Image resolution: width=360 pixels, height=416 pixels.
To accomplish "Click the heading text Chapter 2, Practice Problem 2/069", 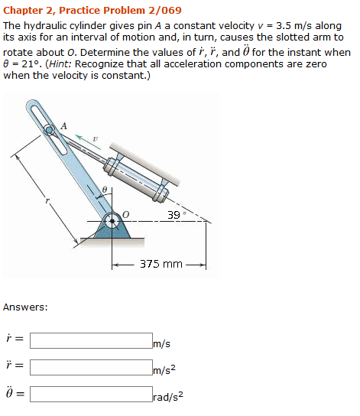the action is (x=92, y=10).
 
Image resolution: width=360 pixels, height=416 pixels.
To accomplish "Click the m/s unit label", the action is (x=161, y=344).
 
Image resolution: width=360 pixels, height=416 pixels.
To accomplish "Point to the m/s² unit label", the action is (x=165, y=371).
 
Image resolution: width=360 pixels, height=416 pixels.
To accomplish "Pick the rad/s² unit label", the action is (x=168, y=398).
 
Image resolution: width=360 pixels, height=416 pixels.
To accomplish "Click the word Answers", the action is (x=25, y=307).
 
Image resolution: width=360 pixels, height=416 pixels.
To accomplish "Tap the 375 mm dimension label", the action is (x=161, y=265).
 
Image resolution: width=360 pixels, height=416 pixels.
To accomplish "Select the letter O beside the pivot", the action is (x=126, y=213).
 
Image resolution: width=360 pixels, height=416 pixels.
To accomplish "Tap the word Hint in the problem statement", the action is (x=63, y=64).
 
